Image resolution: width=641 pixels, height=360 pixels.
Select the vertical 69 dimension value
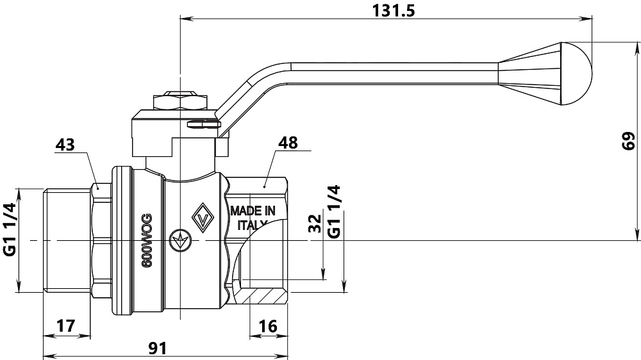[x=629, y=141]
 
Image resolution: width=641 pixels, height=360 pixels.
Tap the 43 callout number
[x=65, y=145]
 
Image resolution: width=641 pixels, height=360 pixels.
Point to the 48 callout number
[x=288, y=142]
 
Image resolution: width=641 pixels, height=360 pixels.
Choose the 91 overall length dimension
[x=158, y=348]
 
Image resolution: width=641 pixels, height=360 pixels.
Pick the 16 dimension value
[x=269, y=325]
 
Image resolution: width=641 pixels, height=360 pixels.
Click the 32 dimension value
[x=315, y=224]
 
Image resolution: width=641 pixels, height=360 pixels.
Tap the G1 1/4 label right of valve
[x=334, y=212]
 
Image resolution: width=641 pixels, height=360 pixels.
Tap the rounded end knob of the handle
[x=576, y=73]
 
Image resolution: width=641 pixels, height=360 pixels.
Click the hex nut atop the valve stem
[x=179, y=102]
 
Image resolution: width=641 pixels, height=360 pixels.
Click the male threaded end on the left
[x=65, y=241]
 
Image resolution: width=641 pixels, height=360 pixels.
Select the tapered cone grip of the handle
[x=529, y=72]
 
